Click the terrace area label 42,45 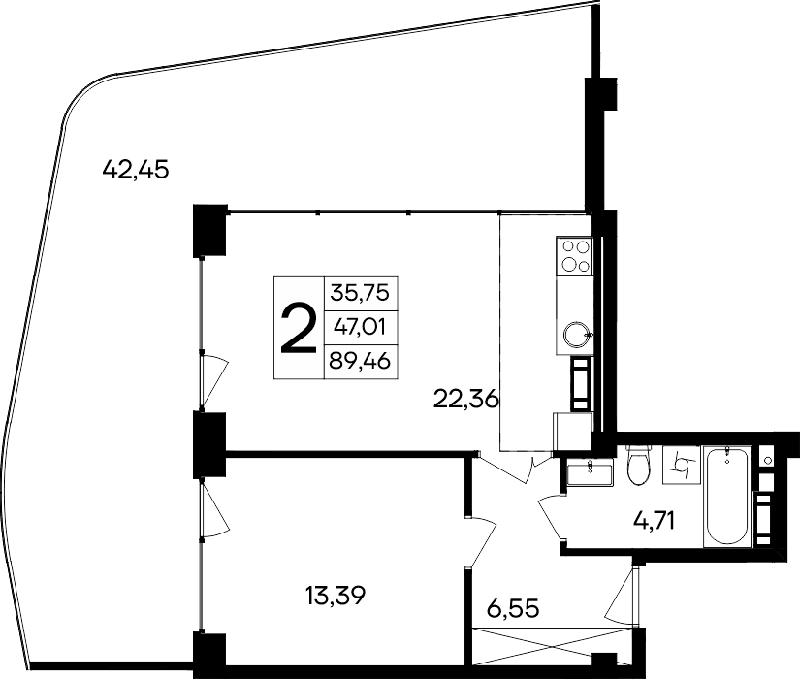[136, 170]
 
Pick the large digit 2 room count [298, 329]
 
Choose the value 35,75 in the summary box [366, 292]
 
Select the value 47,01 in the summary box [366, 328]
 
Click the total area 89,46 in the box [366, 364]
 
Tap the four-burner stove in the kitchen [574, 256]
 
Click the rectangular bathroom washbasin [590, 472]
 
